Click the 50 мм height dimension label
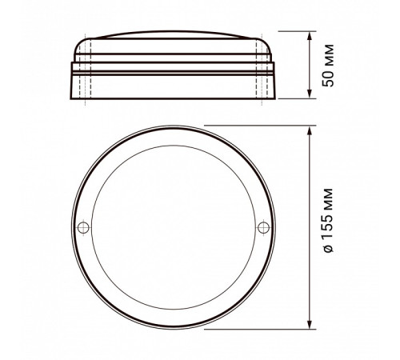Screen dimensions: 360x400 326,67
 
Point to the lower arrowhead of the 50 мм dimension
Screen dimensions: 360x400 310,97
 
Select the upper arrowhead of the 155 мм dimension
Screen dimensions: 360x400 310,129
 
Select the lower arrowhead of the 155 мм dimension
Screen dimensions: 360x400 310,326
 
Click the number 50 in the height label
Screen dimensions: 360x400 326,78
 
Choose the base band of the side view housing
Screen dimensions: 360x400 171,86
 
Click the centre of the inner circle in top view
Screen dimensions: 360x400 171,227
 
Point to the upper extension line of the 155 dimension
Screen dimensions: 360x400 256,125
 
